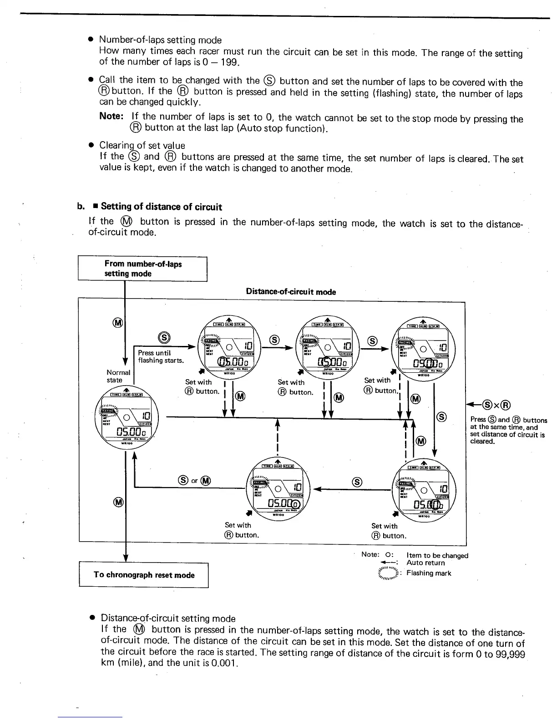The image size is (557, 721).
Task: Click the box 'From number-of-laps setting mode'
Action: coord(142,269)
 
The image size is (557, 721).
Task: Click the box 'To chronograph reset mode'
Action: coord(144,575)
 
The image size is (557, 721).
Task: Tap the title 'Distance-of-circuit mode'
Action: coord(291,292)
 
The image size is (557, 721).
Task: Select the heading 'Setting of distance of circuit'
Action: coord(161,207)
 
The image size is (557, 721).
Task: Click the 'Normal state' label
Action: coord(117,376)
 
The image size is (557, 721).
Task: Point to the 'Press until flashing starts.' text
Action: coord(161,356)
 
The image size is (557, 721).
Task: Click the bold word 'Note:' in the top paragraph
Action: coord(111,116)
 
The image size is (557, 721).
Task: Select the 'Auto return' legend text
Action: coord(425,563)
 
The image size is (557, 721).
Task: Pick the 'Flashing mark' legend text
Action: coord(429,573)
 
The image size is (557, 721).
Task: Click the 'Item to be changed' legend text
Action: coord(437,555)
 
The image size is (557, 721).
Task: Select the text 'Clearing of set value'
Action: coord(142,146)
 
